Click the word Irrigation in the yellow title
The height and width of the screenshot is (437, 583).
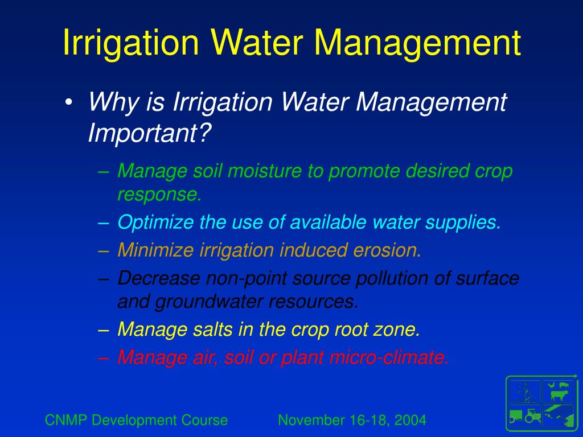(132, 43)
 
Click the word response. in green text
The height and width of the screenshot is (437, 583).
(160, 195)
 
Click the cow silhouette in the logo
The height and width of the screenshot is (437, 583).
(557, 394)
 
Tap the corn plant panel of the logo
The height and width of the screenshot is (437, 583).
(524, 392)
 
